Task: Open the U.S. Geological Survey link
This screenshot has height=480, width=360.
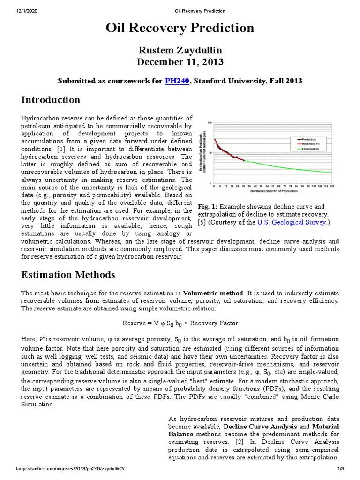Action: point(292,223)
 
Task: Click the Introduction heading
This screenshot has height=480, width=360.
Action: point(51,100)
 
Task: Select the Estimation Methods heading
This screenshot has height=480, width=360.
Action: point(68,274)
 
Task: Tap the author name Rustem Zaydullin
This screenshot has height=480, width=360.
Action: point(180,50)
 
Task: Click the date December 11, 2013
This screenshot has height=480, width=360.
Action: point(180,62)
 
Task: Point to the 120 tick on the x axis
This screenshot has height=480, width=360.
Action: point(332,186)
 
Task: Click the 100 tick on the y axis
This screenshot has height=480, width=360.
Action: point(210,122)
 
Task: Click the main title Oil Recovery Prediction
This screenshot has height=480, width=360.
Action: point(180,29)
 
